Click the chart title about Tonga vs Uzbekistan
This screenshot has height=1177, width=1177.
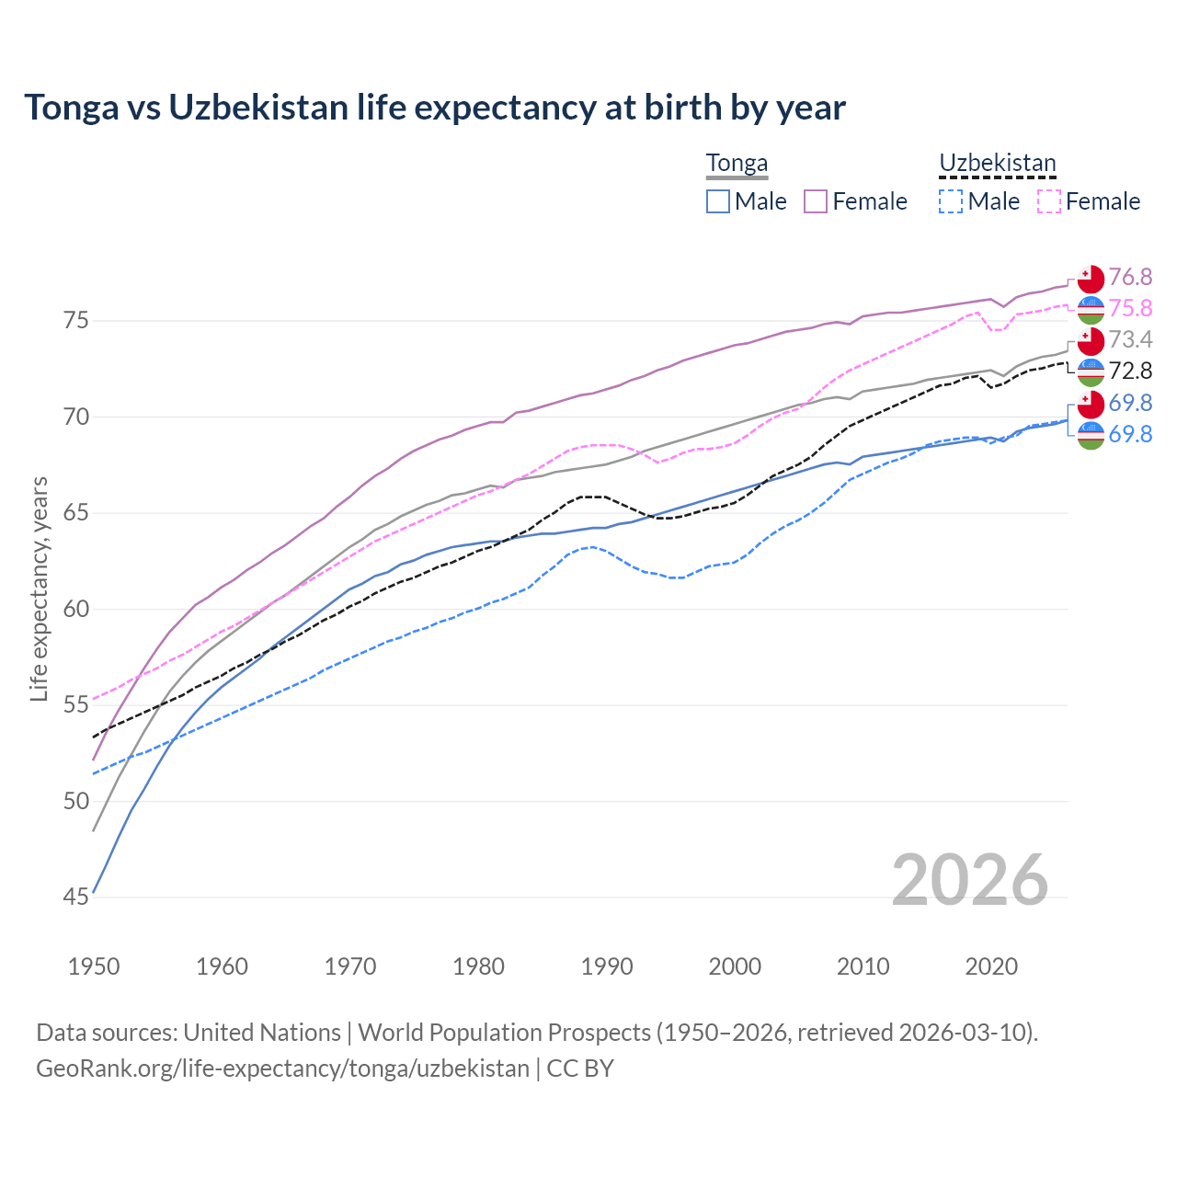tap(434, 108)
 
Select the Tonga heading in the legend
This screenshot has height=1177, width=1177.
tap(737, 164)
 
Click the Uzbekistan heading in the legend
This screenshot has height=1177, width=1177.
tap(997, 164)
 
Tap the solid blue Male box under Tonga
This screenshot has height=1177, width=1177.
tap(718, 201)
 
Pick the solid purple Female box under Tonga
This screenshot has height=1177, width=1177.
tap(816, 201)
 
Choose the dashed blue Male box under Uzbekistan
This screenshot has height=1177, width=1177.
tap(951, 201)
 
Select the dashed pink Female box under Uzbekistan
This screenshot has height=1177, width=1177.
tap(1049, 201)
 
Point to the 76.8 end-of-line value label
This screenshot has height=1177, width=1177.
tap(1130, 277)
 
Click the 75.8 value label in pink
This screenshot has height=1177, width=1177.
tap(1130, 308)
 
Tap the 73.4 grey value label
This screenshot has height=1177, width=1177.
tap(1130, 339)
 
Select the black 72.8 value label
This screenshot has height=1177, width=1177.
tap(1130, 371)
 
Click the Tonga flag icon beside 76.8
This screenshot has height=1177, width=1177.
tap(1091, 279)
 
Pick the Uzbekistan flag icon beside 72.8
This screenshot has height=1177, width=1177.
tap(1091, 372)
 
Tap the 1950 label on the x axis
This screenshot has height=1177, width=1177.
tap(94, 966)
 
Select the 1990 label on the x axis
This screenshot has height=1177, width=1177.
tap(607, 966)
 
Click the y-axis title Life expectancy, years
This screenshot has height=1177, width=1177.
tap(39, 588)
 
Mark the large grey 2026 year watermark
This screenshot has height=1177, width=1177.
tap(969, 880)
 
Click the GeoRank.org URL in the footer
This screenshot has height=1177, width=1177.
tap(282, 1068)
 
